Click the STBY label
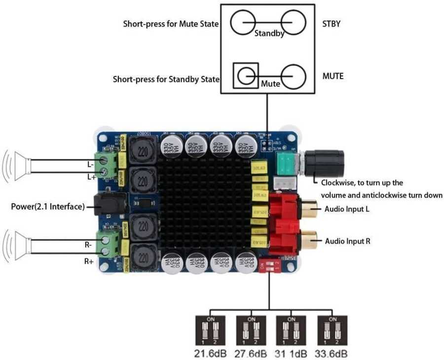(x=332, y=23)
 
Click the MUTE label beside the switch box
(x=333, y=76)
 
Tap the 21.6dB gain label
(x=212, y=353)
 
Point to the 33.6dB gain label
(x=332, y=353)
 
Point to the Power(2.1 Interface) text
(x=48, y=206)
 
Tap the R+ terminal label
(x=89, y=261)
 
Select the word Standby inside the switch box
(x=269, y=34)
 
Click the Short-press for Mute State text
(x=171, y=24)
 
